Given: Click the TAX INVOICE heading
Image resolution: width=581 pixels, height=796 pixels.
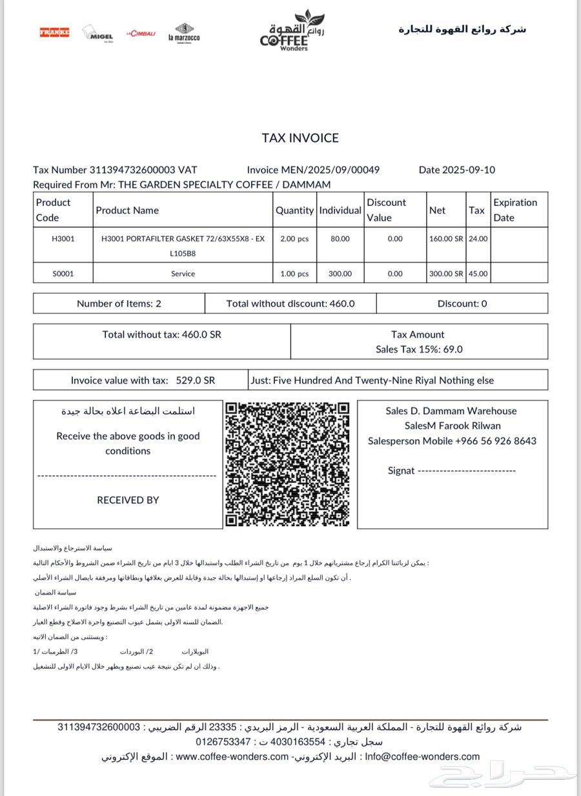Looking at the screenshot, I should (x=300, y=138).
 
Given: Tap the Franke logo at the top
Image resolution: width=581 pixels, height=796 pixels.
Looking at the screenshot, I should (x=54, y=32).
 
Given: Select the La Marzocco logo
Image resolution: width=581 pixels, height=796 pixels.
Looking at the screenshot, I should (x=184, y=33).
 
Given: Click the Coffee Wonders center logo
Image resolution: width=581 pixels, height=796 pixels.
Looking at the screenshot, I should (x=285, y=31).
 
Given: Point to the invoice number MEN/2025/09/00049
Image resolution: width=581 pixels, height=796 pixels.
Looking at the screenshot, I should (x=330, y=170).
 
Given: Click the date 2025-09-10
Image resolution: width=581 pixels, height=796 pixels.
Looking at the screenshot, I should (x=469, y=170).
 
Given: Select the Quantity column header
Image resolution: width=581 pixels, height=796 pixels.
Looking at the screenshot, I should (x=294, y=210).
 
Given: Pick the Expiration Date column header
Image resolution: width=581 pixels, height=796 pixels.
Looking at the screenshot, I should (x=515, y=210).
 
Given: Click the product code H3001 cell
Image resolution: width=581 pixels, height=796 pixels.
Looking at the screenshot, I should (x=63, y=239).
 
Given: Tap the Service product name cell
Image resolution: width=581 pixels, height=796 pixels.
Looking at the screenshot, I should (x=183, y=274).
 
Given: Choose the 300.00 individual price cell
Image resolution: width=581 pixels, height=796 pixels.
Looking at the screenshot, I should (x=340, y=274).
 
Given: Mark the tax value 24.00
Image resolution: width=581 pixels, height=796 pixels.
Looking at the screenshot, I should (x=478, y=239).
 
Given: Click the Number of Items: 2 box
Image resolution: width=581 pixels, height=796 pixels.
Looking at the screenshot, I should (x=119, y=303).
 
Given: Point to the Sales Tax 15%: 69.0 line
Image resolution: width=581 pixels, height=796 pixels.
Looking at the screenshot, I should (x=419, y=349).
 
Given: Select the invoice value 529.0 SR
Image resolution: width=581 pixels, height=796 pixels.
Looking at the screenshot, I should (x=195, y=380).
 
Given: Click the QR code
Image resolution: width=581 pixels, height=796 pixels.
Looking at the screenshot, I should (x=287, y=464).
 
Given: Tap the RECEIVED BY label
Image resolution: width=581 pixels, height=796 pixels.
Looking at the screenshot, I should (x=128, y=500).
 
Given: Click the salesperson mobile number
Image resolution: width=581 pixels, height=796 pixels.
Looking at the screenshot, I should (x=495, y=441).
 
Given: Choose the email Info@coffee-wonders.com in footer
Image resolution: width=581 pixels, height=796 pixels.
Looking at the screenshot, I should (x=422, y=757).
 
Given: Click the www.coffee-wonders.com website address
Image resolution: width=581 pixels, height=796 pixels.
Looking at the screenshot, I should (x=232, y=757).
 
